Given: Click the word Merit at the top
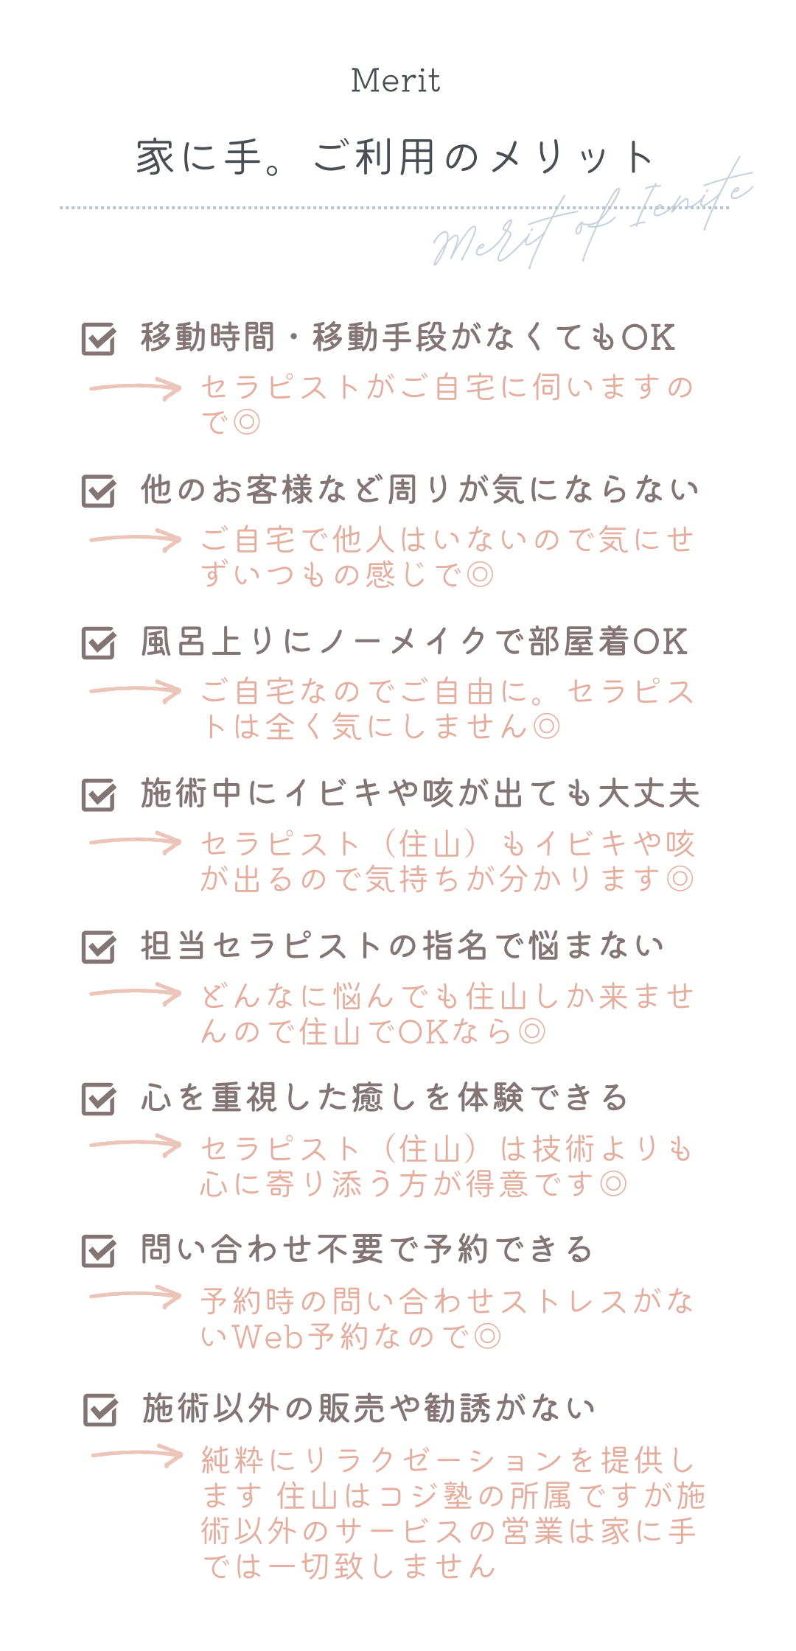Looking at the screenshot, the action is click(x=396, y=80).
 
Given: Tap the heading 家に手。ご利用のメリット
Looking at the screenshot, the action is click(x=396, y=158).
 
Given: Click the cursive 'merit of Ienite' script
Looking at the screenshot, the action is click(x=590, y=217).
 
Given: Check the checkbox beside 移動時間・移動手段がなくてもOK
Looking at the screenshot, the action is click(x=99, y=338).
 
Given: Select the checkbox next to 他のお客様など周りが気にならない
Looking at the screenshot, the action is click(x=99, y=491).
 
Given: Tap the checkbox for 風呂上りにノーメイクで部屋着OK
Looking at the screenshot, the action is click(x=99, y=642).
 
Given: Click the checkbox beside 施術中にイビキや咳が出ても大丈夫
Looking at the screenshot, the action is click(x=99, y=795).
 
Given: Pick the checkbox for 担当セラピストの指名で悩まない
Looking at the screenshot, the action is click(x=99, y=947).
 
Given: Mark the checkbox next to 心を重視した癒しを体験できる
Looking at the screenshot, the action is click(x=99, y=1098).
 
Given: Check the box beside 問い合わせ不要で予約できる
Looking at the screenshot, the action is click(x=99, y=1250).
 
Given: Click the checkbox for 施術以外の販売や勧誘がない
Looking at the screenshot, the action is click(x=100, y=1409).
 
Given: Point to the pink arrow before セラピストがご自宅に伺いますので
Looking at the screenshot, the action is click(x=136, y=388).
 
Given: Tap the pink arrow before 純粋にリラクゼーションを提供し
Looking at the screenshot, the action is click(x=137, y=1455).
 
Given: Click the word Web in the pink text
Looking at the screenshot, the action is click(x=268, y=1336).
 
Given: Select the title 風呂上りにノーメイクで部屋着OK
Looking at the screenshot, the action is click(x=414, y=642).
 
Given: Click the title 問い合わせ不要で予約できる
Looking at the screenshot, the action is click(x=366, y=1249).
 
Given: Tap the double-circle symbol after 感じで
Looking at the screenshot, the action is click(x=481, y=575).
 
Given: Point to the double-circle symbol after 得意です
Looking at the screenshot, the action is click(x=613, y=1184).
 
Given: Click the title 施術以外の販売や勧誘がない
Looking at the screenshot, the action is click(x=369, y=1409).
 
